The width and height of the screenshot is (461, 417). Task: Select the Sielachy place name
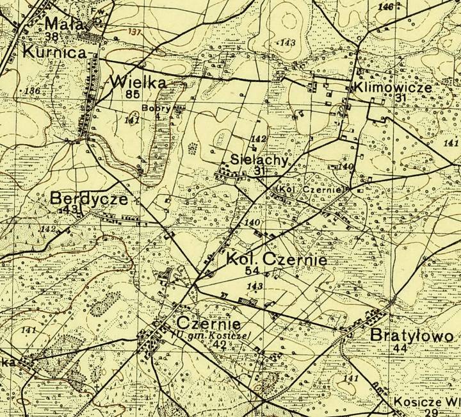pos(259,161)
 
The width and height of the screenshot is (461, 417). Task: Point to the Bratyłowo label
pos(412,336)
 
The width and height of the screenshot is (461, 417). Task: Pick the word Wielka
pos(138,83)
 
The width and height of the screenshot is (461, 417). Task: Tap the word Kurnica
pos(54,53)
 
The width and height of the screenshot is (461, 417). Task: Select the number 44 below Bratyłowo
pos(401,348)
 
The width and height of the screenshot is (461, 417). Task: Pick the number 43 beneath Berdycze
pos(70,209)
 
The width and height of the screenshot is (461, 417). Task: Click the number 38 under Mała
pos(52,37)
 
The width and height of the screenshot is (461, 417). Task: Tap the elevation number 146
pos(385,7)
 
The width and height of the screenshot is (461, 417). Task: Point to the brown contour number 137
pos(134,31)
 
